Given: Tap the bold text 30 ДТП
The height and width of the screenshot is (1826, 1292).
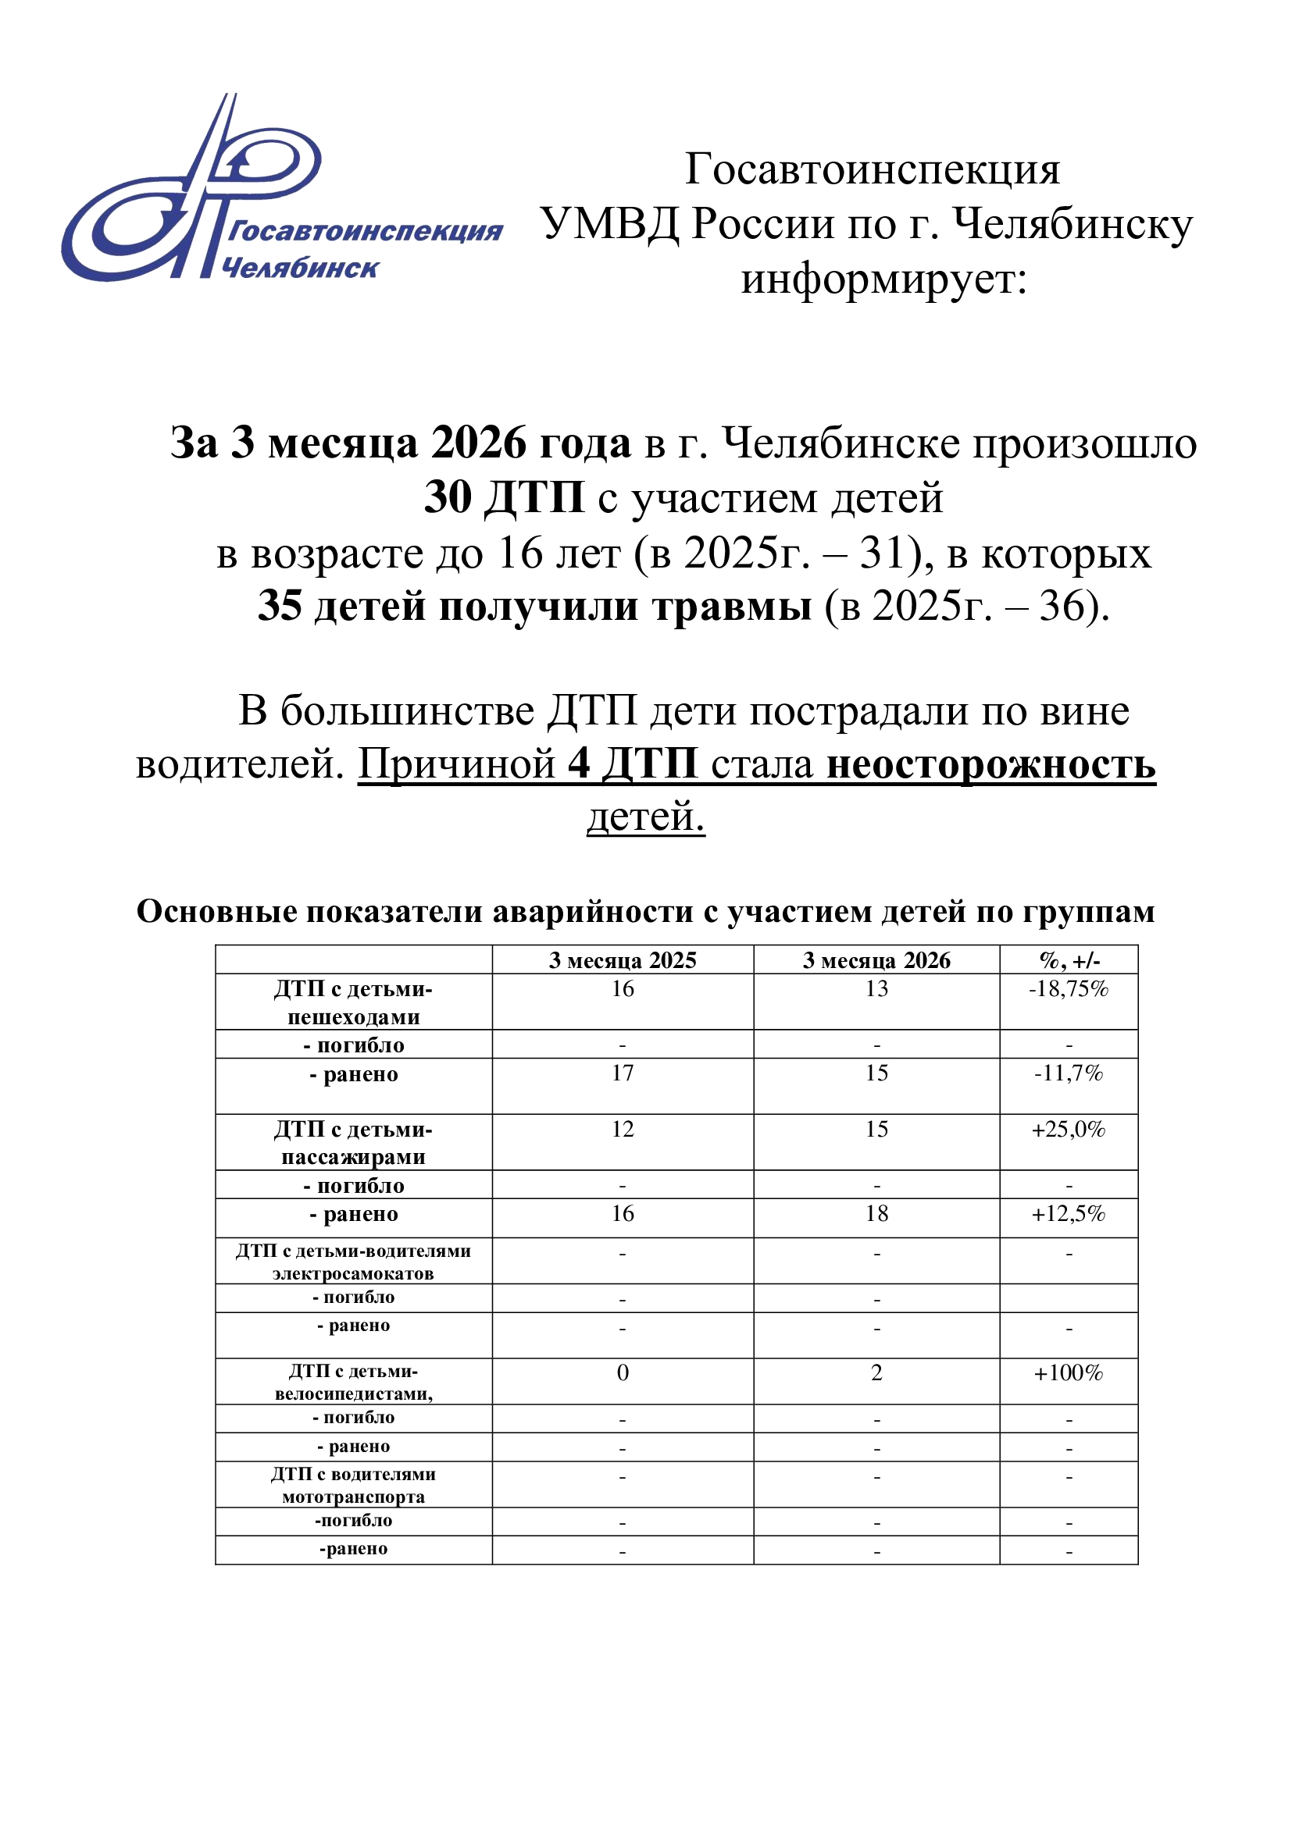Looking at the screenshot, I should tap(504, 498).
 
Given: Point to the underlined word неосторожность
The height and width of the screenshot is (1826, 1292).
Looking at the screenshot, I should tap(990, 764).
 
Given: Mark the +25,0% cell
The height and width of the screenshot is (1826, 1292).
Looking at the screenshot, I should tap(1069, 1130).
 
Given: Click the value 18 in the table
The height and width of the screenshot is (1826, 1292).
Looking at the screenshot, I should tap(876, 1214).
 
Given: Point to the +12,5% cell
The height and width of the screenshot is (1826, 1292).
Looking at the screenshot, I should tap(1069, 1214).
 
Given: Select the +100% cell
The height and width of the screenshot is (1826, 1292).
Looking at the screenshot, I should tap(1069, 1372).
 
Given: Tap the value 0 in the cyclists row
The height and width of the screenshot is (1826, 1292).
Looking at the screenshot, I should tap(622, 1372).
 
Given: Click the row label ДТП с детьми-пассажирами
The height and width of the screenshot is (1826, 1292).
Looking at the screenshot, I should tap(353, 1143).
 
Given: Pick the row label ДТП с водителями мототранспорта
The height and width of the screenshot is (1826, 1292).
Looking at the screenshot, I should tap(353, 1485).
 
